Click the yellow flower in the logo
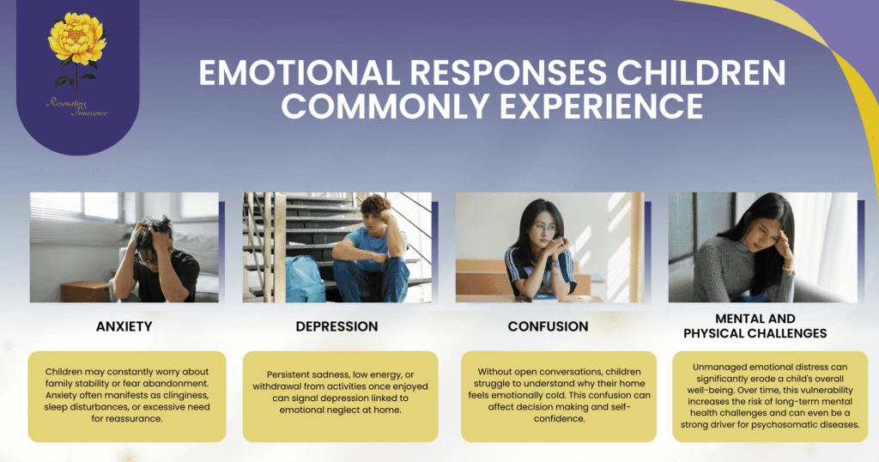76,39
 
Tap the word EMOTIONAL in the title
300,72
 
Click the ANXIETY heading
124,326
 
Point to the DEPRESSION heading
336,326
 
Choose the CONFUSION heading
549,326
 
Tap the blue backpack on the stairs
305,278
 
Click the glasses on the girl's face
541,229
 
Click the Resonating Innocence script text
76,107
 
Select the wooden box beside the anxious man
85,292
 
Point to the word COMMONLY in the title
385,106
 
